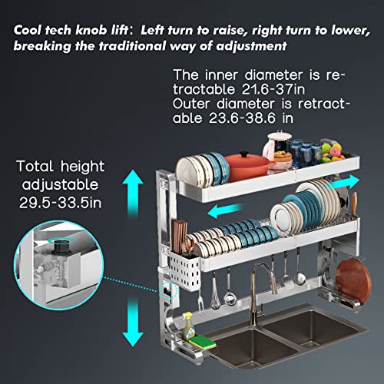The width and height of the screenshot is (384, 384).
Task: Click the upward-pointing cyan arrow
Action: pyautogui.click(x=133, y=194)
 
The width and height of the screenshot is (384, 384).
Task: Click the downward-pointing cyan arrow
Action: pyautogui.click(x=133, y=321)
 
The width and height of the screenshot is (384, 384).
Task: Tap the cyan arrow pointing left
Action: pyautogui.click(x=225, y=210)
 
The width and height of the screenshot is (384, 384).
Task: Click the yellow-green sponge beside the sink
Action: pyautogui.click(x=202, y=342)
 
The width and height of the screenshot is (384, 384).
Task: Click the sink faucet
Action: pyautogui.click(x=259, y=292)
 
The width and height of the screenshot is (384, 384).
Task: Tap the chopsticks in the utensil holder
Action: pyautogui.click(x=179, y=238)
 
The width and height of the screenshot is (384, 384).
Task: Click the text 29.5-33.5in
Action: pyautogui.click(x=61, y=203)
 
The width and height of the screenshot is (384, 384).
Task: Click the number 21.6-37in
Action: pyautogui.click(x=273, y=89)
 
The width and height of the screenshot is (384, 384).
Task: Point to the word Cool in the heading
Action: pyautogui.click(x=27, y=30)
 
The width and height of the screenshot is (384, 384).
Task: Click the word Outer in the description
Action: pyautogui.click(x=191, y=104)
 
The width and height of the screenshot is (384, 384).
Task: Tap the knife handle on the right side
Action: pyautogui.click(x=354, y=203)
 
